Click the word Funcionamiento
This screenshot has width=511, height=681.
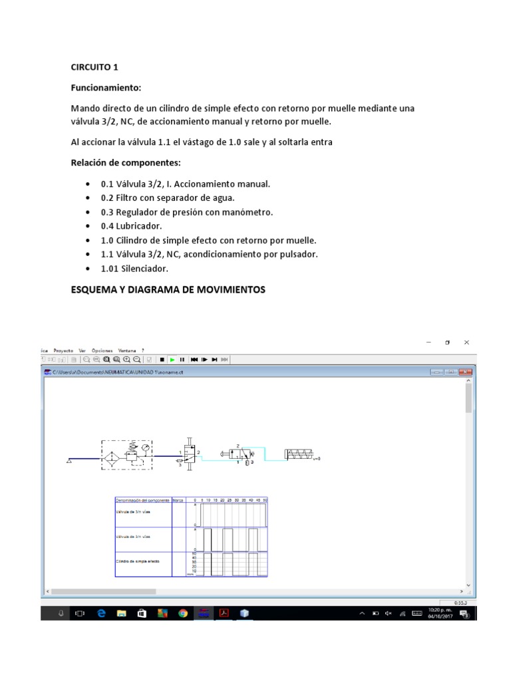point(105,88)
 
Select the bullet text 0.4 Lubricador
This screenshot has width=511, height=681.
point(132,226)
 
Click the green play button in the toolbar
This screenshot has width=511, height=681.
point(172,359)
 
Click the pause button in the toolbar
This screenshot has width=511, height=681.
point(182,359)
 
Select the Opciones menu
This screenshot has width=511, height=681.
point(102,350)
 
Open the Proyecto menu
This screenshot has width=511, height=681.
point(64,350)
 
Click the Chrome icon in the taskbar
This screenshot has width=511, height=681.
point(183,613)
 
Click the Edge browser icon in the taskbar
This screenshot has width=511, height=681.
point(101,613)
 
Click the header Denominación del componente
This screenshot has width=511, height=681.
point(142,499)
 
